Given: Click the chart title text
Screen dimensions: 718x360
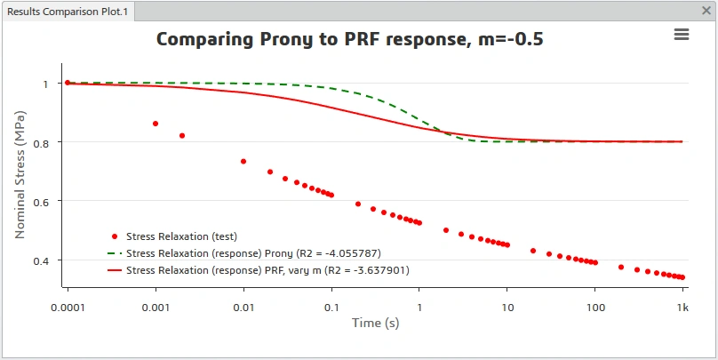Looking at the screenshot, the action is pos(350,39).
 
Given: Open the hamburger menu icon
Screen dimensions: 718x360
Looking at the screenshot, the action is pos(682,35).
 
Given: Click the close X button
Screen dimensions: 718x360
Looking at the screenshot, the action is pos(706,11).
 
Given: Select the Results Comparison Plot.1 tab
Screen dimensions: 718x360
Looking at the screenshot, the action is pos(68,12).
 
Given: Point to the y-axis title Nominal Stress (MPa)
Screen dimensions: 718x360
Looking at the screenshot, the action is pos(20,174).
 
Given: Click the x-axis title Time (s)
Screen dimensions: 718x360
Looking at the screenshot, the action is pos(376,323).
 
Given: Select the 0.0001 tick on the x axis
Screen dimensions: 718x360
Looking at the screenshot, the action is pos(68,308).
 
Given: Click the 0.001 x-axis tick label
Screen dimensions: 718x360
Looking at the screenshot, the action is pos(156,308).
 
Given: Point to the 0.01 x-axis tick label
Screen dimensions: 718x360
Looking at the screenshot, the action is pos(243,308).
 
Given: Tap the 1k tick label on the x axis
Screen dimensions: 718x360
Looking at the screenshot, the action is pos(682,308).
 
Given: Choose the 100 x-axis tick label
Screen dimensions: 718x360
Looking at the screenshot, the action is pos(595,308).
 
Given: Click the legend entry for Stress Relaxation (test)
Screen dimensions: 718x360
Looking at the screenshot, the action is pos(174,236).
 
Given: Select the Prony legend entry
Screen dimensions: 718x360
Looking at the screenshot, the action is pos(244,253).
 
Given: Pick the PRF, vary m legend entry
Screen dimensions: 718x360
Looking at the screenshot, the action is pos(259,271).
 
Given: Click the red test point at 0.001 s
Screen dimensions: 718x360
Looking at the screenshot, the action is pos(156,124).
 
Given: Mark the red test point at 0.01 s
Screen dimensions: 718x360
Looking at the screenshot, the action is pos(243,161).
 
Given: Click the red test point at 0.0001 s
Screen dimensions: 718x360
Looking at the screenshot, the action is pos(68,83).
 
